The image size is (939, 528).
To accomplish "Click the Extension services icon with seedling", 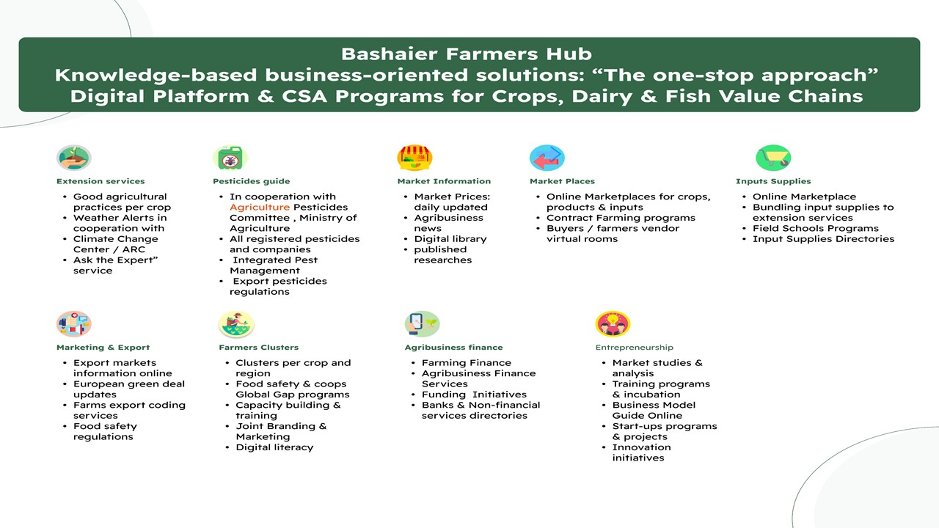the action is click(74, 158).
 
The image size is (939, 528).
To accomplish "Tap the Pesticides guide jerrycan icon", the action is click(230, 158).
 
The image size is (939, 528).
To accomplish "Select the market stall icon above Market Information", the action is click(414, 158).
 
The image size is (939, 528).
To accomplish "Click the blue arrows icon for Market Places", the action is click(547, 158).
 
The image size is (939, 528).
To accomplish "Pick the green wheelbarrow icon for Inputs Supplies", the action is click(773, 158).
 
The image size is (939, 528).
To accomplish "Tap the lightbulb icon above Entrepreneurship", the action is click(613, 323).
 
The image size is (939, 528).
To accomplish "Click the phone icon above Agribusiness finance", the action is click(422, 323).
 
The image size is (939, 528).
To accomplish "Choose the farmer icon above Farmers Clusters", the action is click(236, 323).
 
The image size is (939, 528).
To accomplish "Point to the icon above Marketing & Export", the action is click(74, 323).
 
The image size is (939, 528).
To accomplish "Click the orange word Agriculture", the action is click(260, 208).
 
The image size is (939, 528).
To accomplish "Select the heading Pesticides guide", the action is click(252, 181).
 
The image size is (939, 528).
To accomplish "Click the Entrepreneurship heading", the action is click(635, 348).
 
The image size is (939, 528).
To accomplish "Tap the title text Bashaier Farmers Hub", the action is click(467, 54).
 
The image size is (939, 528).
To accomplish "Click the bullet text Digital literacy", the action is click(274, 447).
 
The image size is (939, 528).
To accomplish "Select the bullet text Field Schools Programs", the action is click(815, 228).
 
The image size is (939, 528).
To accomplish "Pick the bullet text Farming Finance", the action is click(467, 363).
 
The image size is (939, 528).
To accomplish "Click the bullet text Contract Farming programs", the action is click(621, 218).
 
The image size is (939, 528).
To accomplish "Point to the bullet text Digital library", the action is click(450, 239).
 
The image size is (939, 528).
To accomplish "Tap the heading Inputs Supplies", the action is click(773, 181).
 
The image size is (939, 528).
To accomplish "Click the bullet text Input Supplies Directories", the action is click(823, 239).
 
